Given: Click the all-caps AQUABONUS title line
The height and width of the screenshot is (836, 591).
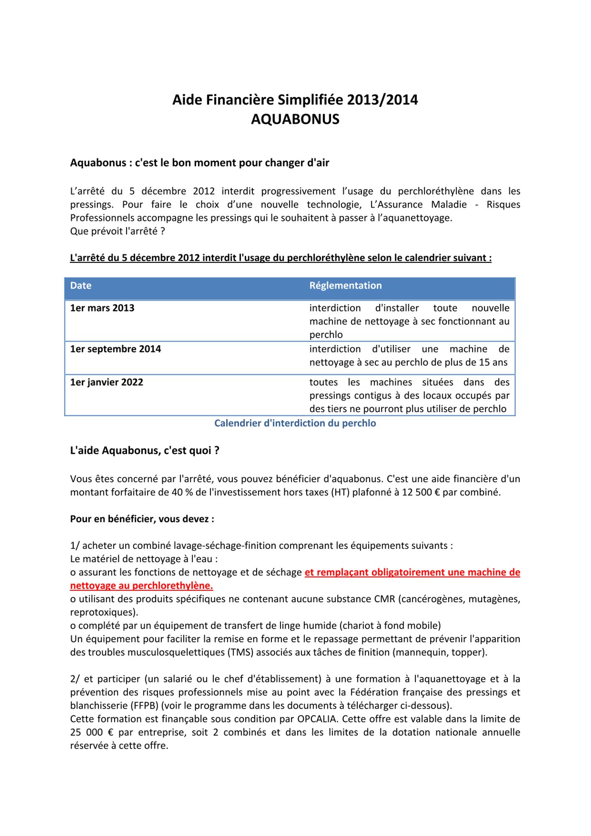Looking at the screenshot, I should click(295, 120).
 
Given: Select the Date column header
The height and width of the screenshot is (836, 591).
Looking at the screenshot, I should click(81, 285).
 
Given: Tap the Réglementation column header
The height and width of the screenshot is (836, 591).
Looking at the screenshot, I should click(345, 285).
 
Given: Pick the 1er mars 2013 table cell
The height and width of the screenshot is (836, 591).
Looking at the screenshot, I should click(102, 308).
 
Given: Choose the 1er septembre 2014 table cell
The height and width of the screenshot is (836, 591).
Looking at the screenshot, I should click(115, 349).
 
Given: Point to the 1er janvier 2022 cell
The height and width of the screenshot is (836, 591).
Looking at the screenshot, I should click(107, 382).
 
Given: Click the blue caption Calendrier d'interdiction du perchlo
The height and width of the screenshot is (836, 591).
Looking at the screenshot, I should click(295, 423).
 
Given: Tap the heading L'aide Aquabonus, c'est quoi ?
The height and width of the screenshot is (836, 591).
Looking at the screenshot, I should click(145, 451).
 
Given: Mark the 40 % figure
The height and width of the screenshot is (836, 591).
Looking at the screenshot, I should click(182, 492).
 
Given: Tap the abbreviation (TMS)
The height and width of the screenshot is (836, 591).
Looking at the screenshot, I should click(241, 652).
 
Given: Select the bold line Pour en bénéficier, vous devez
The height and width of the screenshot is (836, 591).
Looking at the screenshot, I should click(142, 519).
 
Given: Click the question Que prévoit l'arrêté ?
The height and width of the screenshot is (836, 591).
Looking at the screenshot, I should click(117, 231).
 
